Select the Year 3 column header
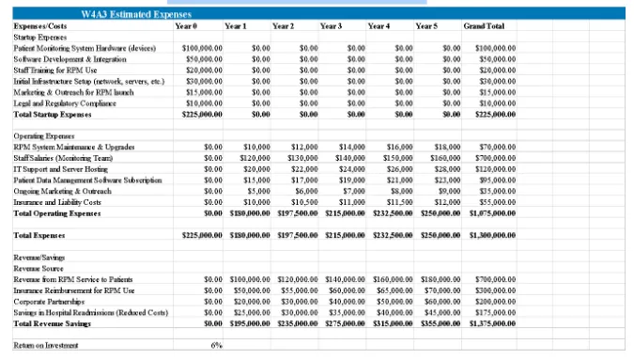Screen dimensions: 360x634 [331, 27]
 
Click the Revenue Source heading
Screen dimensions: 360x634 [38, 267]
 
